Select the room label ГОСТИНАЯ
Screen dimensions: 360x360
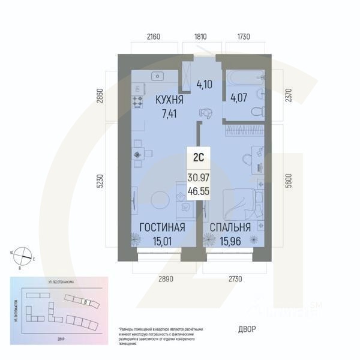pos(161,227)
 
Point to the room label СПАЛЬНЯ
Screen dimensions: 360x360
pos(230,227)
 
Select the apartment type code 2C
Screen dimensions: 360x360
pos(199,158)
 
